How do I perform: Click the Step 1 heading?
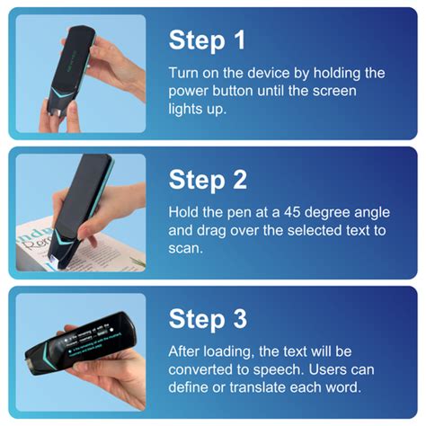click(208, 40)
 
